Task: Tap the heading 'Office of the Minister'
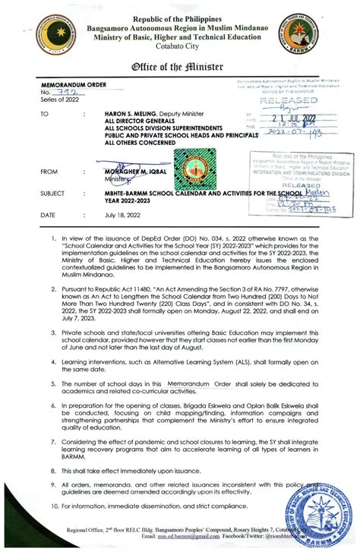click(180, 66)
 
